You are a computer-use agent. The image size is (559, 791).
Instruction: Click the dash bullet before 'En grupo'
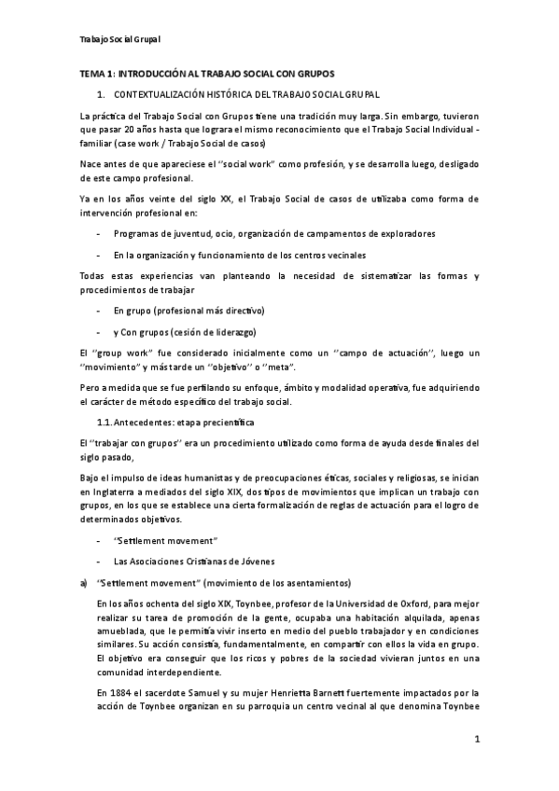[99, 310]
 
